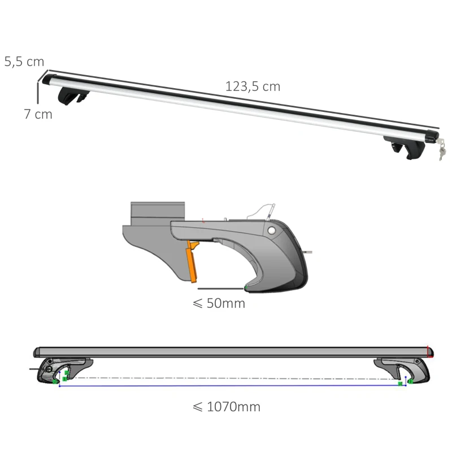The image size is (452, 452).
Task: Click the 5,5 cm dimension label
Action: click(x=24, y=62)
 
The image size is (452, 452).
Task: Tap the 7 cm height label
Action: click(x=38, y=114)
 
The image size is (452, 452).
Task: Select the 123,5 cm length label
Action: click(x=253, y=86)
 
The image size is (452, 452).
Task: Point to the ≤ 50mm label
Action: click(x=219, y=303)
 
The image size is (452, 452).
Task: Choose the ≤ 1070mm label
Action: click(x=227, y=406)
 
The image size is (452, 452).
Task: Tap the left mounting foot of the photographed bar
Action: click(x=72, y=96)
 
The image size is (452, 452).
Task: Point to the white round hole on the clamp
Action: click(x=272, y=231)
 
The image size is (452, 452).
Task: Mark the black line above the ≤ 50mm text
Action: click(x=221, y=289)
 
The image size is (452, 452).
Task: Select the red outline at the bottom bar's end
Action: click(x=431, y=352)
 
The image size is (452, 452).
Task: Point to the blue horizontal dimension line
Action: click(x=232, y=386)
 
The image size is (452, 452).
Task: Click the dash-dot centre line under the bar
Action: click(x=232, y=377)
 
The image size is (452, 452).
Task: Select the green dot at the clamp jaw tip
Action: click(x=246, y=288)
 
